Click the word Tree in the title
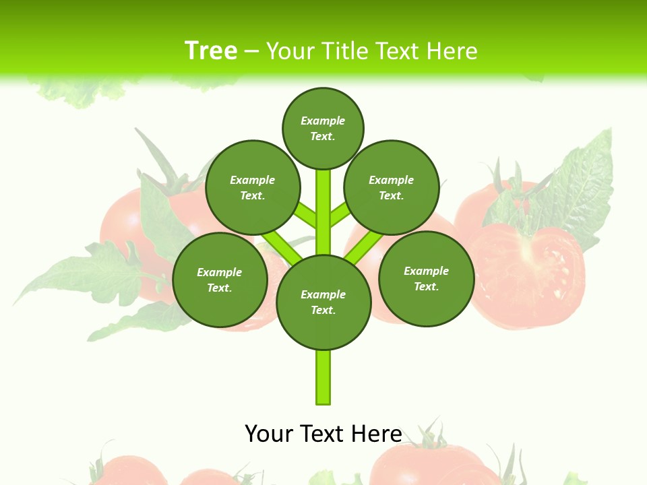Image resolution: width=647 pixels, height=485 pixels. click(211, 51)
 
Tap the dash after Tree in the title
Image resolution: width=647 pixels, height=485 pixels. click(251, 51)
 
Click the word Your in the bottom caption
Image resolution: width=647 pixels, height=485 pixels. click(269, 433)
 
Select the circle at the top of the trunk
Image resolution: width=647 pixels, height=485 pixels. click(323, 128)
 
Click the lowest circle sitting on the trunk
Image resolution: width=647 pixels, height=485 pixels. click(323, 302)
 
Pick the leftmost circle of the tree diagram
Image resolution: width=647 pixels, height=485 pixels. click(220, 280)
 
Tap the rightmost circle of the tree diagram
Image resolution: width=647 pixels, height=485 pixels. click(426, 278)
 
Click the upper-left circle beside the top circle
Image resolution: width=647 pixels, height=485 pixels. click(253, 187)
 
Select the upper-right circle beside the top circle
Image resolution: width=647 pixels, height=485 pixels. click(392, 187)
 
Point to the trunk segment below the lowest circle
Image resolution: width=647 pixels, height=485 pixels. click(323, 377)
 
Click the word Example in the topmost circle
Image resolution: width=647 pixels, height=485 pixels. click(323, 121)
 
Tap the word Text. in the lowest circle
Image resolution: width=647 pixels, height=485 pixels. click(323, 311)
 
